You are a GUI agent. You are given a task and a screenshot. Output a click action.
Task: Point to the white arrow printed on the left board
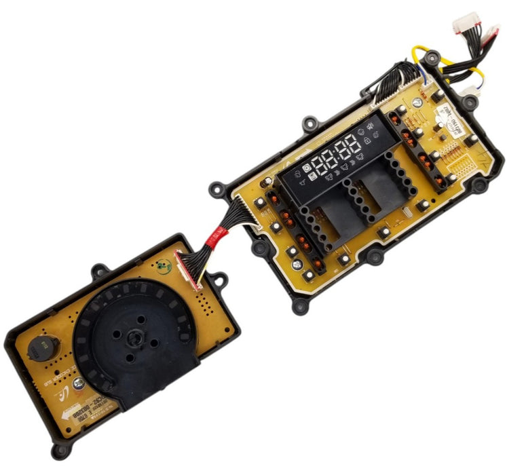(67, 420)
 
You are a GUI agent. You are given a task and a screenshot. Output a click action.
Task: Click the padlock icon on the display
(367, 140)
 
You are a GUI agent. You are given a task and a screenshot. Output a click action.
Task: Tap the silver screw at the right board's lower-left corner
(309, 275)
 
